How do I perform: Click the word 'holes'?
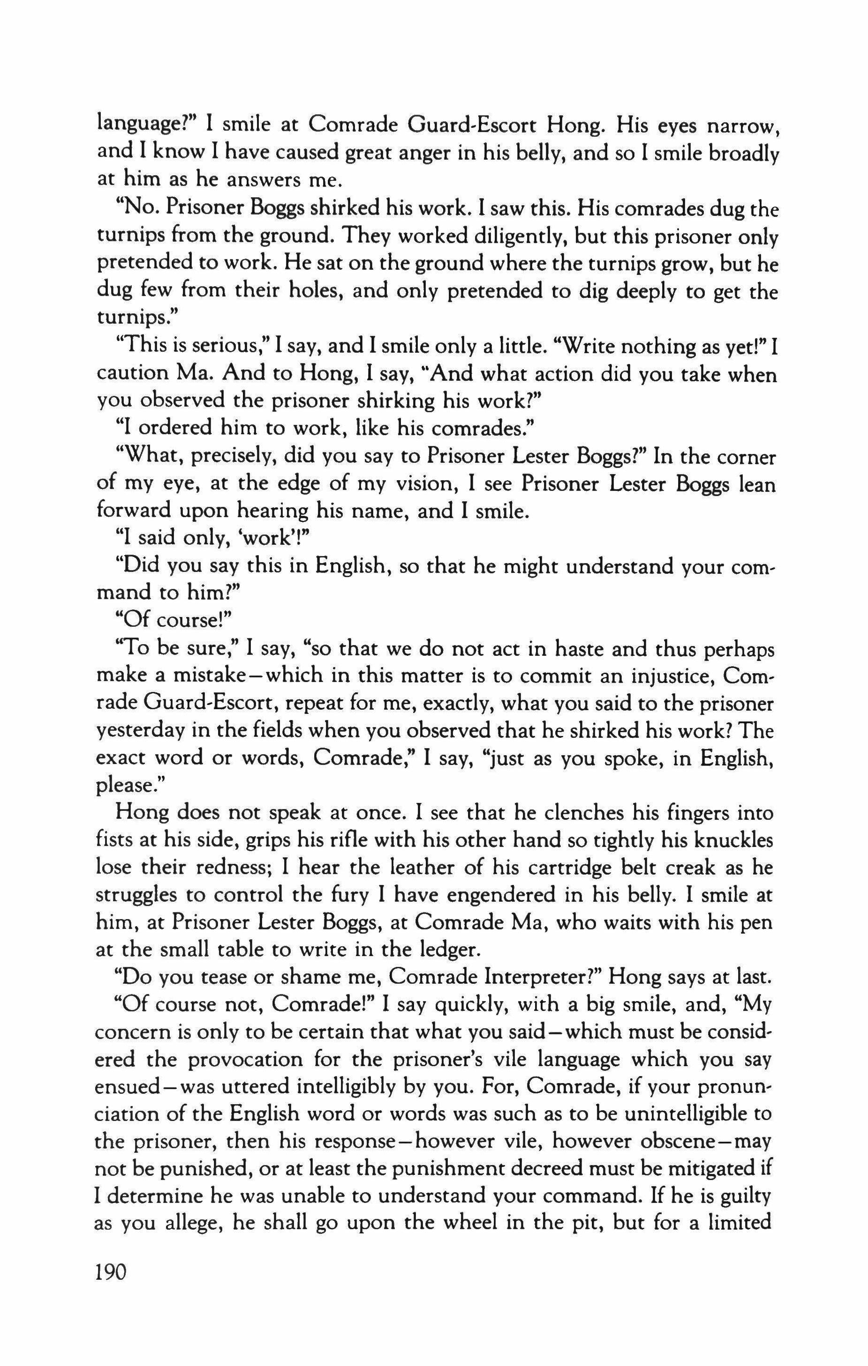click(310, 291)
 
